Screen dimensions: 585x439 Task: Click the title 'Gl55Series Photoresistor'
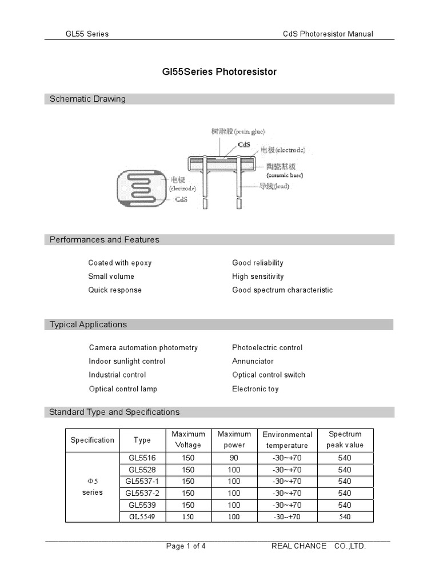[x=216, y=72]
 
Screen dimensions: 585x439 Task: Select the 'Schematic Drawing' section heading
[x=87, y=99]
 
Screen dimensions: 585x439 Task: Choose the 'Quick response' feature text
[x=115, y=290]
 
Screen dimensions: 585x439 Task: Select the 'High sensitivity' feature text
[x=258, y=277]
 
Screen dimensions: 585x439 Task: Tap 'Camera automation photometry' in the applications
[x=143, y=347]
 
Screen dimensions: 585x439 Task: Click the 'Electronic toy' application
[x=256, y=389]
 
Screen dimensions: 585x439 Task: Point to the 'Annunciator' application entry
[x=253, y=361]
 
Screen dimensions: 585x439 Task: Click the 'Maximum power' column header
[x=234, y=440]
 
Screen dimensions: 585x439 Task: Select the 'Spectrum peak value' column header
[x=345, y=440]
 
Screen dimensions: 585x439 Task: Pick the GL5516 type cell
[x=142, y=458]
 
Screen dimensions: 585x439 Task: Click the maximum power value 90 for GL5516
[x=234, y=458]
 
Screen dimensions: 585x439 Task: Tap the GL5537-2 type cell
[x=142, y=493]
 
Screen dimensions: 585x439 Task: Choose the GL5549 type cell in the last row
[x=142, y=517]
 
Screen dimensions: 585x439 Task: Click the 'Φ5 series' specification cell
[x=92, y=487]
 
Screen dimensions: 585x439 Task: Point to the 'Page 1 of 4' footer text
[x=186, y=546]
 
